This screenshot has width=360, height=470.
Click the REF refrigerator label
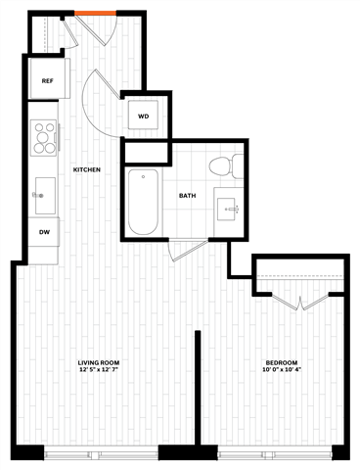tap(46, 80)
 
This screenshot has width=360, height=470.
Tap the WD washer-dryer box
tap(143, 117)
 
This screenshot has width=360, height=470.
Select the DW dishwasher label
tap(45, 232)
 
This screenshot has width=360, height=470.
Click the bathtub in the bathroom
tap(143, 203)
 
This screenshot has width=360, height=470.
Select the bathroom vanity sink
tap(231, 210)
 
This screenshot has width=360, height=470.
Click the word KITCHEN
tap(88, 170)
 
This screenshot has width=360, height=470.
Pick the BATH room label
tap(187, 195)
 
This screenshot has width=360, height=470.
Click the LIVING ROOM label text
tap(99, 363)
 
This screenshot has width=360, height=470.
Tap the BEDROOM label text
tap(281, 363)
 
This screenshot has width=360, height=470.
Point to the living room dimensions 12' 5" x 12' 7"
tap(99, 371)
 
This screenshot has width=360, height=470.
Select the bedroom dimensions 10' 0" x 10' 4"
tap(281, 371)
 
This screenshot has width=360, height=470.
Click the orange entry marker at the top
tap(95, 14)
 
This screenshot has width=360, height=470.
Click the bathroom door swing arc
tap(182, 250)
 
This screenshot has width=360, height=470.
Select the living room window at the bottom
tap(103, 453)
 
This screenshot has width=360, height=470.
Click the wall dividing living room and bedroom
tap(199, 392)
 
